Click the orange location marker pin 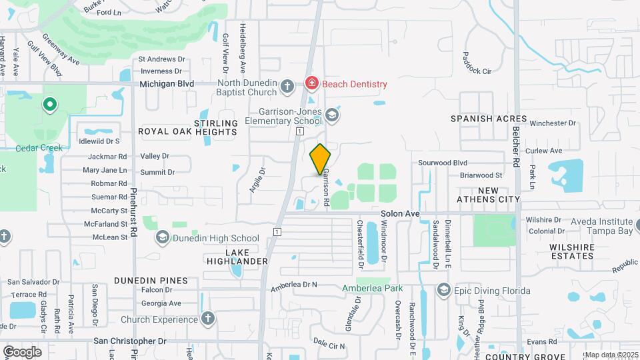[x=321, y=159]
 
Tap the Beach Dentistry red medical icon [x=311, y=84]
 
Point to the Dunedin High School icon [x=162, y=238]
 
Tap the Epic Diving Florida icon [x=444, y=291]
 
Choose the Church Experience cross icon [x=208, y=319]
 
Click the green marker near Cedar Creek [x=49, y=105]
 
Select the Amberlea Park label [x=373, y=288]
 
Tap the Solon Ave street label [x=400, y=214]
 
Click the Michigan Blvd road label [x=167, y=84]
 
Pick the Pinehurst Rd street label [x=134, y=213]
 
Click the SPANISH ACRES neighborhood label [x=489, y=119]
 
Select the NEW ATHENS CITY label [x=489, y=195]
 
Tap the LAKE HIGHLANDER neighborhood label [x=246, y=257]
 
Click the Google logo [x=22, y=351]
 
